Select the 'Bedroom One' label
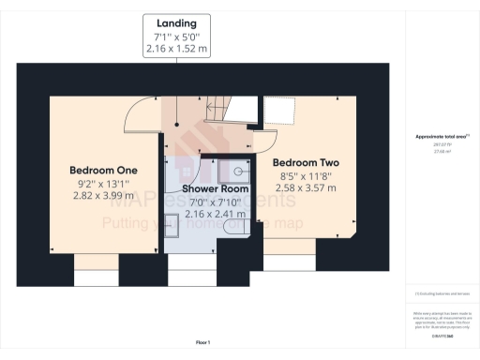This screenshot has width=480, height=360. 105,170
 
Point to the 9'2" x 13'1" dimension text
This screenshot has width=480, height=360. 105,184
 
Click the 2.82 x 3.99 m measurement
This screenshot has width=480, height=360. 105,198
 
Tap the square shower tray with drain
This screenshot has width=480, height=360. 236,170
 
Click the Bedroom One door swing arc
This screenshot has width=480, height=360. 141,113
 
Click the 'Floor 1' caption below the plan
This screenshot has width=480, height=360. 202,341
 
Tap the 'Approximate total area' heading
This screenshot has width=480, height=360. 442,136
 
